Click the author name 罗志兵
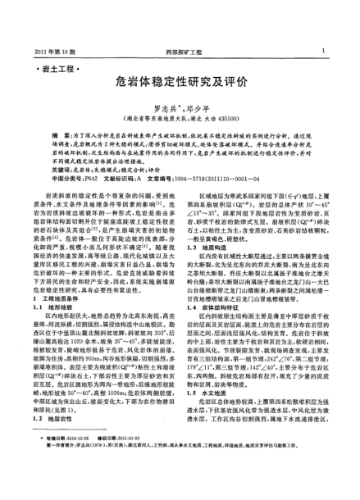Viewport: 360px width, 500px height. click(161, 107)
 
